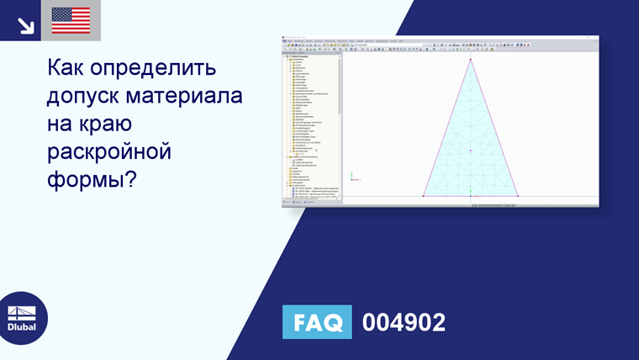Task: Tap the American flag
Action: (71, 20)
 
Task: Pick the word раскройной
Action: (109, 155)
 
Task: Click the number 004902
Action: (404, 322)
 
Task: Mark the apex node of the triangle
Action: (470, 59)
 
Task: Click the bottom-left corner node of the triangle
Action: (423, 196)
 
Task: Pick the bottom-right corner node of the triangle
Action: (518, 196)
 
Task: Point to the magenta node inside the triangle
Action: (470, 151)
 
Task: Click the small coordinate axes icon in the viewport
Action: (352, 178)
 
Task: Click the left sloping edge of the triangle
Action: (446, 127)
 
